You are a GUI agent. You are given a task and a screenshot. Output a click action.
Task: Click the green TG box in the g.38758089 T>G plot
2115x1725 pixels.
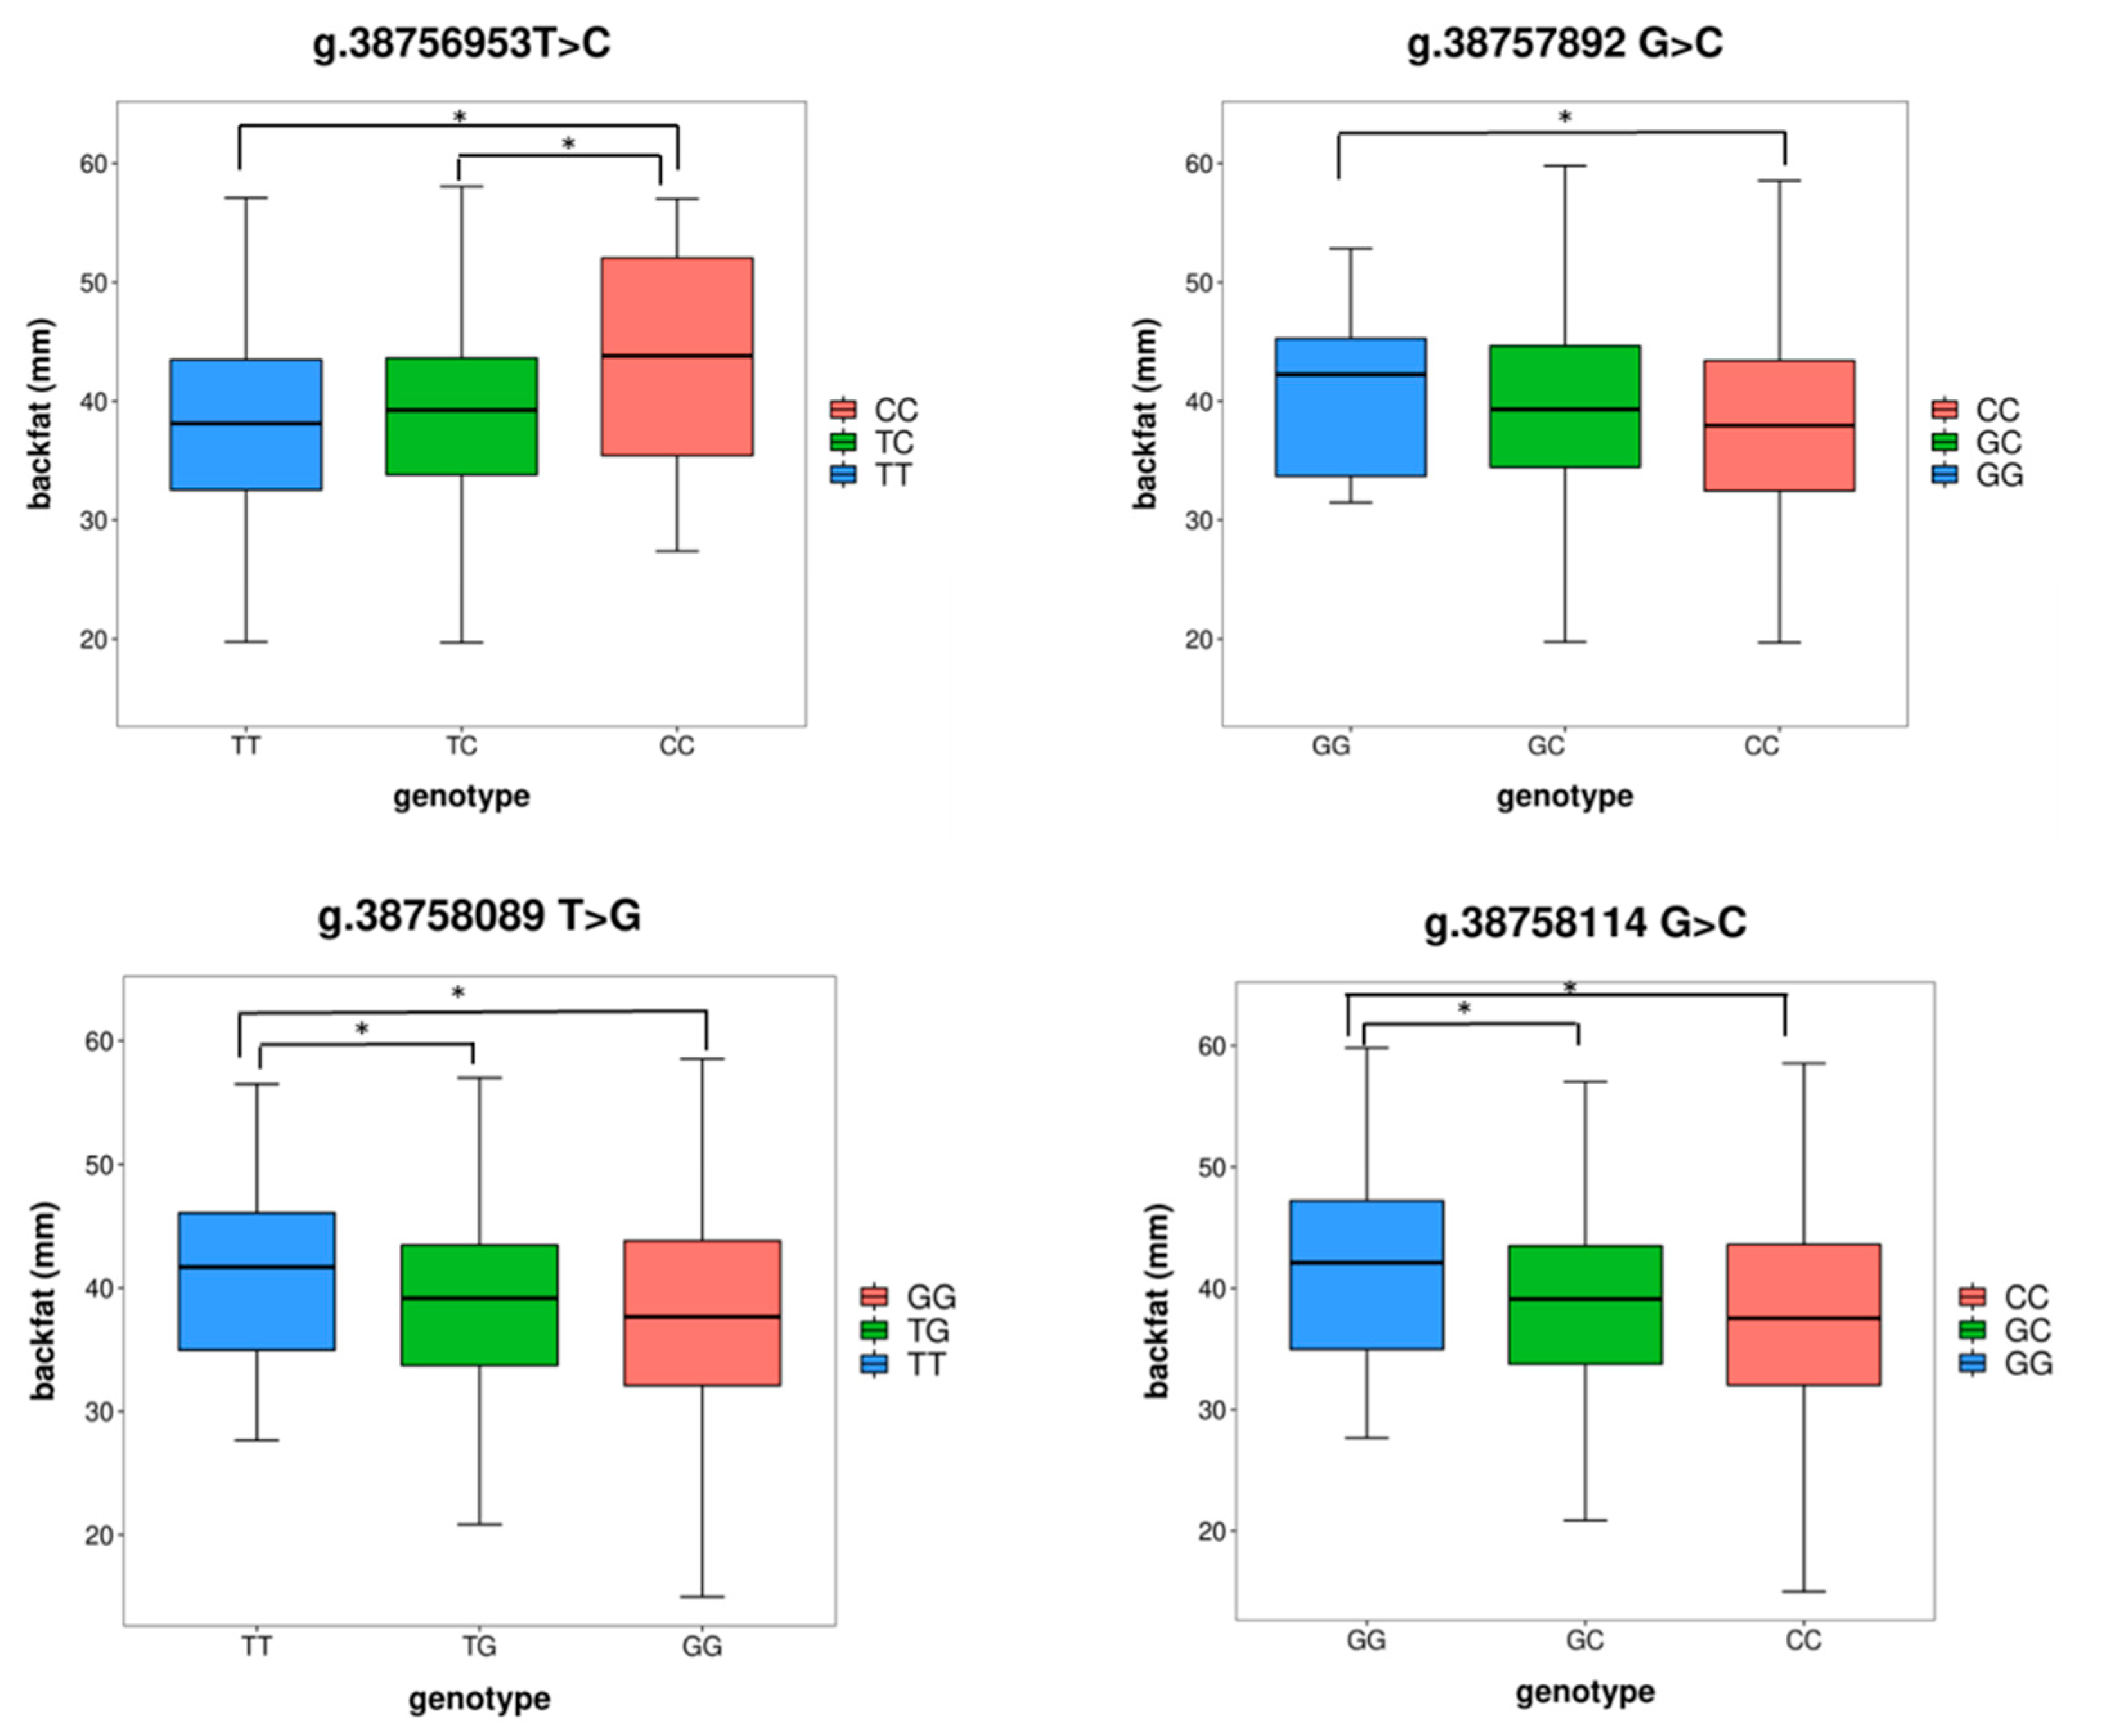tap(479, 1304)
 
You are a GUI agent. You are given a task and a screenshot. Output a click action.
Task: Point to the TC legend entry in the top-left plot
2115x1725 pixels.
tap(873, 442)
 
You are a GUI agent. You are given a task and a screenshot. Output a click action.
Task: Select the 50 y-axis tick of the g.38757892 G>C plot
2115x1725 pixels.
tap(1199, 283)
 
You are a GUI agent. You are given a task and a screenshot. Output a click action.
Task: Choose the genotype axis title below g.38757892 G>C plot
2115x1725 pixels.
tap(1564, 796)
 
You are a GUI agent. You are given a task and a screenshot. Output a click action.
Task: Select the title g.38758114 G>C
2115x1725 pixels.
tap(1584, 923)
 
